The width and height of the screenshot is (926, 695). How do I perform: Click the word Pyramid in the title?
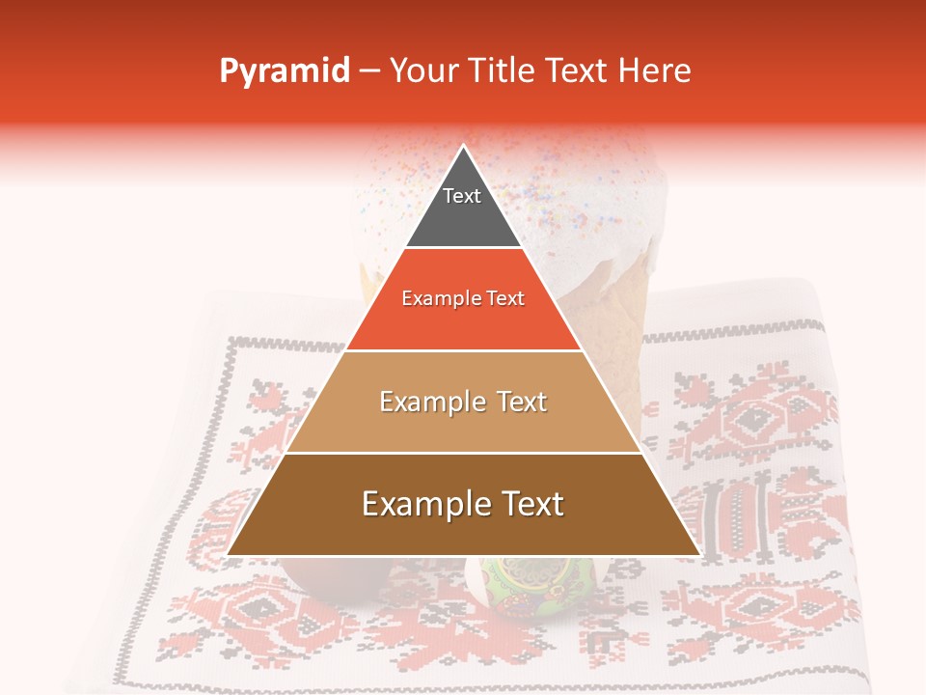pyautogui.click(x=284, y=71)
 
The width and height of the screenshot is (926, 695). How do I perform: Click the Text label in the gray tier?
pyautogui.click(x=462, y=196)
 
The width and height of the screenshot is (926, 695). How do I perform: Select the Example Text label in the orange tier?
pyautogui.click(x=463, y=298)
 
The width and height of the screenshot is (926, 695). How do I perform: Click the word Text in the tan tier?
pyautogui.click(x=522, y=402)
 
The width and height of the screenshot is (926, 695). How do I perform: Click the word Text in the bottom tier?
pyautogui.click(x=531, y=504)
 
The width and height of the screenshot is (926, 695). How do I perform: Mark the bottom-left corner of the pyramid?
pyautogui.click(x=228, y=554)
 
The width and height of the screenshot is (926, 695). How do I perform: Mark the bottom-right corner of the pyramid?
pyautogui.click(x=699, y=554)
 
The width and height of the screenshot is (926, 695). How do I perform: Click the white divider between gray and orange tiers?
pyautogui.click(x=463, y=248)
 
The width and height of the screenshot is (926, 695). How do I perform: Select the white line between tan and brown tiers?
pyautogui.click(x=463, y=453)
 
